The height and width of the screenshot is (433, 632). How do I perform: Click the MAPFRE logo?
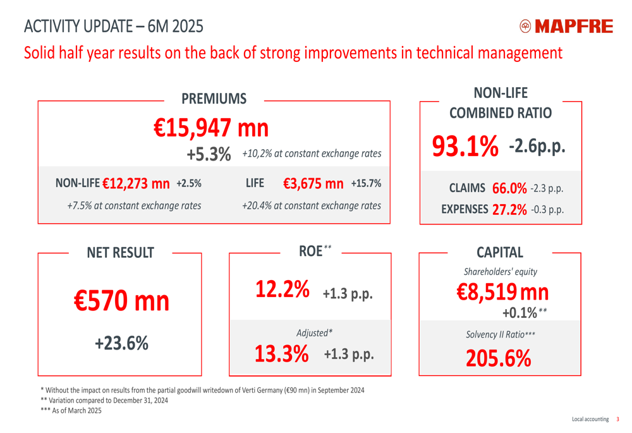[x=566, y=26]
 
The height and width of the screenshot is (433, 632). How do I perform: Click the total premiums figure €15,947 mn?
[x=212, y=128]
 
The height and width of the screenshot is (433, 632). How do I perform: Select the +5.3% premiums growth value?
[x=209, y=154]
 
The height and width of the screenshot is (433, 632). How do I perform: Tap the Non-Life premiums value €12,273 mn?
[x=136, y=184]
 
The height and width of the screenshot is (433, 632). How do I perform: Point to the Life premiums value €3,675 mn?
[x=313, y=184]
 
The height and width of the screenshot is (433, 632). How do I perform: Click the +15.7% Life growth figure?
[x=366, y=184]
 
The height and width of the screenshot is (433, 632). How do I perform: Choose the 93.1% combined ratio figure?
[x=465, y=147]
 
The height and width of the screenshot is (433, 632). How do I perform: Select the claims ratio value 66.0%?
[x=509, y=188]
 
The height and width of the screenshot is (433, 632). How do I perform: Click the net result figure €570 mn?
[x=121, y=302]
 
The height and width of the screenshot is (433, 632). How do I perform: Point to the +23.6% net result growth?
[x=121, y=343]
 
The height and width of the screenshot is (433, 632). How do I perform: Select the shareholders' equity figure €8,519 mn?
[x=502, y=291]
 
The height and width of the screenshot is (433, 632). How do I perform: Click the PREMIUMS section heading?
[x=214, y=99]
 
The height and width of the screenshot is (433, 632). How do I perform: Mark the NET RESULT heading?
[x=120, y=253]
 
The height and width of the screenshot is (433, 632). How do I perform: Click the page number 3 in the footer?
[x=618, y=419]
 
